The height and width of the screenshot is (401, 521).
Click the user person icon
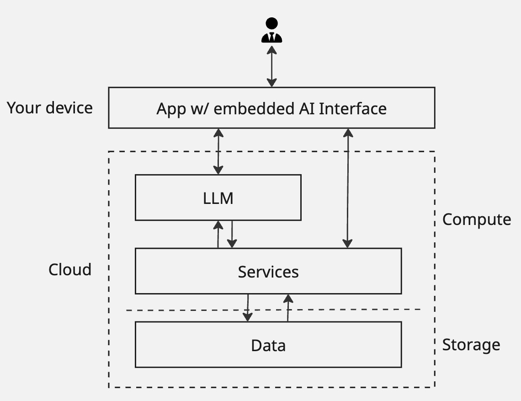271,30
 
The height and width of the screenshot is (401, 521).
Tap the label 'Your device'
50,108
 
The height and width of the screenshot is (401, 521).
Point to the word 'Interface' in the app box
352,109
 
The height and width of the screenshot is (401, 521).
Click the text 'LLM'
218,198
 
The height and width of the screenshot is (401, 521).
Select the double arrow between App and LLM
218,151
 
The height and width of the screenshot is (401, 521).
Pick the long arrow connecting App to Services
348,188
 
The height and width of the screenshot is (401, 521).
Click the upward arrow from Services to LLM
218,234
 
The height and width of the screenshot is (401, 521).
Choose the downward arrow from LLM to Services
232,234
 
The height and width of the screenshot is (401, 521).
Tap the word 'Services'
268,272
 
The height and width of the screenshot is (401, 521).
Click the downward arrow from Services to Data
248,307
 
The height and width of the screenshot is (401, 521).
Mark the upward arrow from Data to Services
288,307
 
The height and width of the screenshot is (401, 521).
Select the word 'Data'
268,345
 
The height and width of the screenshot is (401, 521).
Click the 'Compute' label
476,219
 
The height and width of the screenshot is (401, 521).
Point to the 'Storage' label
471,345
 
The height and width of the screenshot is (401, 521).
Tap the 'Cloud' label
70,270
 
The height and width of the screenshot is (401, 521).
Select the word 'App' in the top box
171,109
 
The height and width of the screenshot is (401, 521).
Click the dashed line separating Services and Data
183,310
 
